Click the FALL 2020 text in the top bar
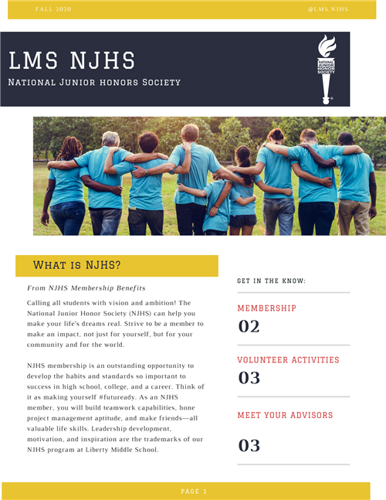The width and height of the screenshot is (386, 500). [x=53, y=9]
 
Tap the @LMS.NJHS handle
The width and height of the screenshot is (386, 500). [x=328, y=9]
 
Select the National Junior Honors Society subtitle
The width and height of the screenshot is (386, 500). [x=94, y=82]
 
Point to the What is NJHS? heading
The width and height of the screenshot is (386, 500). [x=76, y=266]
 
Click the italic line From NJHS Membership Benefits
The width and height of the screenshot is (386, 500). [x=86, y=287]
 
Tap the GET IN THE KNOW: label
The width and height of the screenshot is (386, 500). [x=271, y=281]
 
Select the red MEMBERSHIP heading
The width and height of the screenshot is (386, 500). [x=266, y=308]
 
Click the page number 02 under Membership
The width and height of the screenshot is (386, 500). [x=249, y=326]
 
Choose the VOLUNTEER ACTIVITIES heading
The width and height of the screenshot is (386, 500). [x=288, y=360]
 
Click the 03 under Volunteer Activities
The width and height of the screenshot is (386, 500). [x=249, y=378]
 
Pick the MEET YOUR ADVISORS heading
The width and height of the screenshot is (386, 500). [x=285, y=416]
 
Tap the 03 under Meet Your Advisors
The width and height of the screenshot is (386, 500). [x=249, y=445]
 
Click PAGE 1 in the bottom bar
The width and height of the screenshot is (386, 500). [x=194, y=491]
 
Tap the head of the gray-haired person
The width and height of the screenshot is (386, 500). [x=112, y=139]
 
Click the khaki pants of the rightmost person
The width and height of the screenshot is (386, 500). [x=354, y=216]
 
